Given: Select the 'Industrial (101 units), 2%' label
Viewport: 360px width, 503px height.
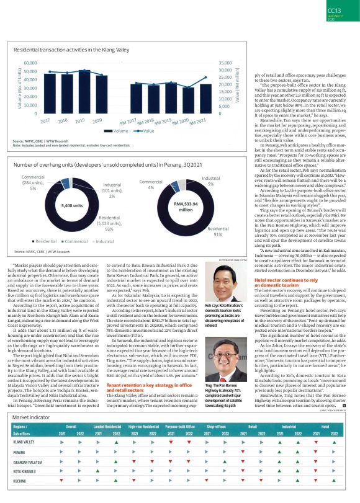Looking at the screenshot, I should point(112,190).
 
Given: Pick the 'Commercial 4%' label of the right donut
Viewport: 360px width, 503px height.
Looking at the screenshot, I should point(151,184).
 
